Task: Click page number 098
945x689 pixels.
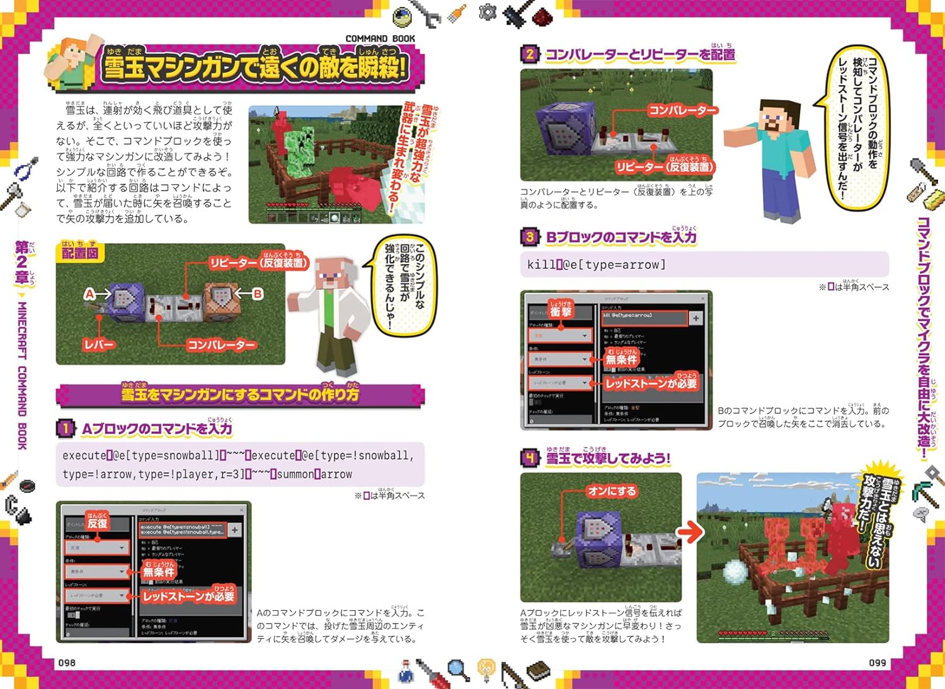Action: pos(67,663)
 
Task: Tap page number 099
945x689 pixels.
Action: pos(877,663)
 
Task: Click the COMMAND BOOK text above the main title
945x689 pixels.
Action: pos(380,38)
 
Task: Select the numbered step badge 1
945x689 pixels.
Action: pos(65,429)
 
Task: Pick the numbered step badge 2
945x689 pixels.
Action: pos(530,54)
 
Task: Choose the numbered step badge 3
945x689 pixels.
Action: pos(530,237)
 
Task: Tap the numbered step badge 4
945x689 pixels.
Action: pos(530,458)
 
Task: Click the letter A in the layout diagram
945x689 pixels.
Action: pos(90,294)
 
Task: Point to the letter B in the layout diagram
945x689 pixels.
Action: pos(257,294)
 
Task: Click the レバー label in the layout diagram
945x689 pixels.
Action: pos(99,344)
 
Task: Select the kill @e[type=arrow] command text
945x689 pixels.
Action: pos(596,265)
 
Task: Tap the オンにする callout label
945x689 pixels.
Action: pos(612,491)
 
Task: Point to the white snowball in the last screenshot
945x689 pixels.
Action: pos(734,572)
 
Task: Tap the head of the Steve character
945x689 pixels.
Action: pos(777,117)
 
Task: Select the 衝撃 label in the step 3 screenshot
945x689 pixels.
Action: pos(560,310)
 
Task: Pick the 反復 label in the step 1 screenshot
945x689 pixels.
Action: pos(97,523)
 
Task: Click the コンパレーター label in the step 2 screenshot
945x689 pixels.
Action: pos(682,111)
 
